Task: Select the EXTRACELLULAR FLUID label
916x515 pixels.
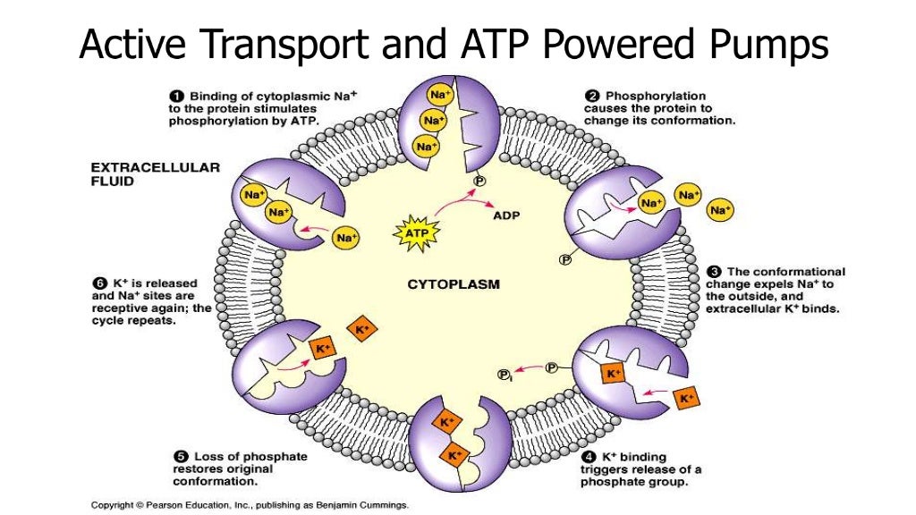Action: point(156,173)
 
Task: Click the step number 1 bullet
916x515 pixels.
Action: point(175,95)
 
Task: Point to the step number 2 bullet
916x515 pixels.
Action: point(592,95)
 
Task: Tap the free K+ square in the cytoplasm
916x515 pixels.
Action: point(362,327)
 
